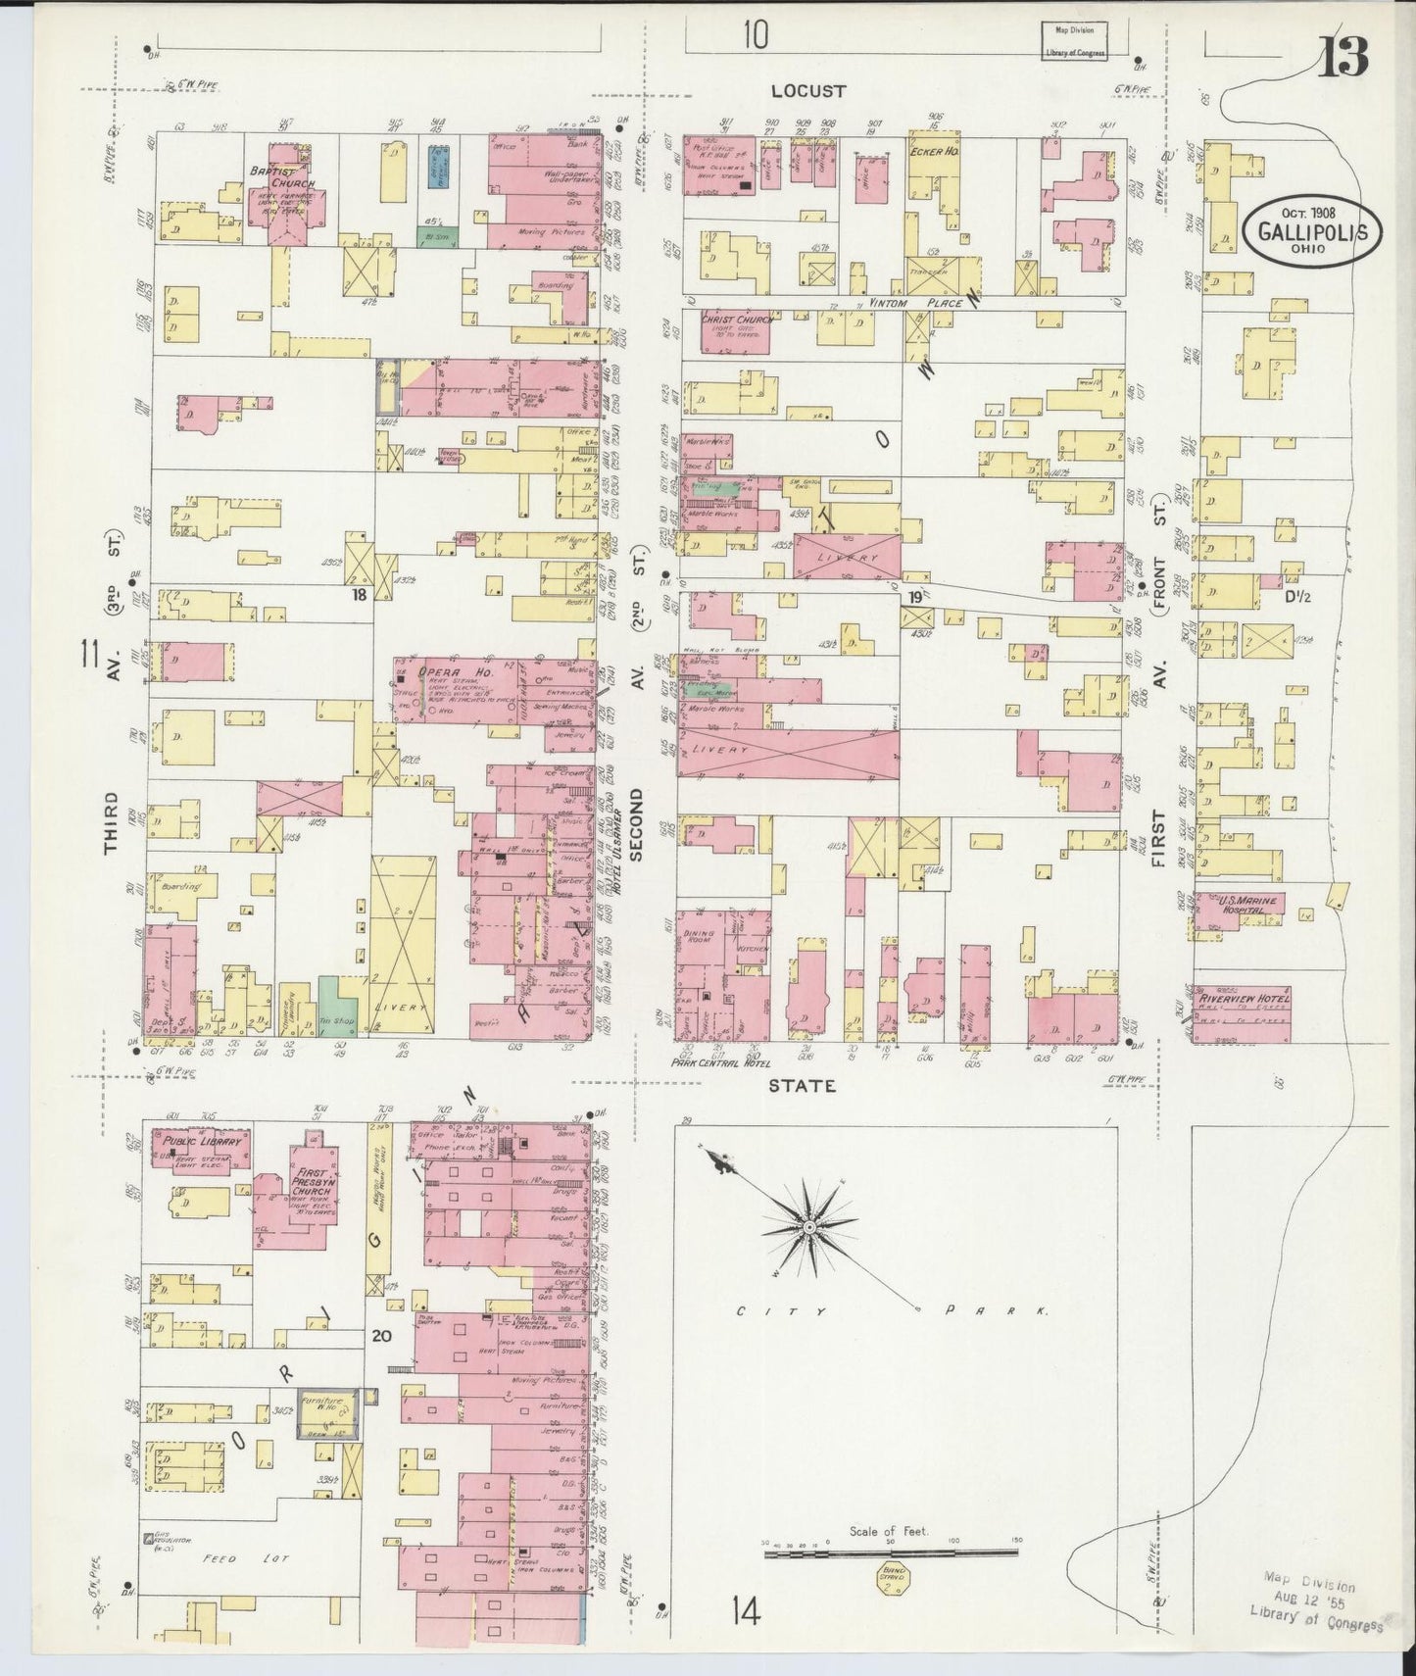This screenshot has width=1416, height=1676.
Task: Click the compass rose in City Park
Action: click(809, 1227)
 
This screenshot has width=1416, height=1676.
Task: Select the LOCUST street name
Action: click(807, 91)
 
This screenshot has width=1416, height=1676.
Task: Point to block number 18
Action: click(360, 593)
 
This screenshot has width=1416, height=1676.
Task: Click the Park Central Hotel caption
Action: click(719, 1063)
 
